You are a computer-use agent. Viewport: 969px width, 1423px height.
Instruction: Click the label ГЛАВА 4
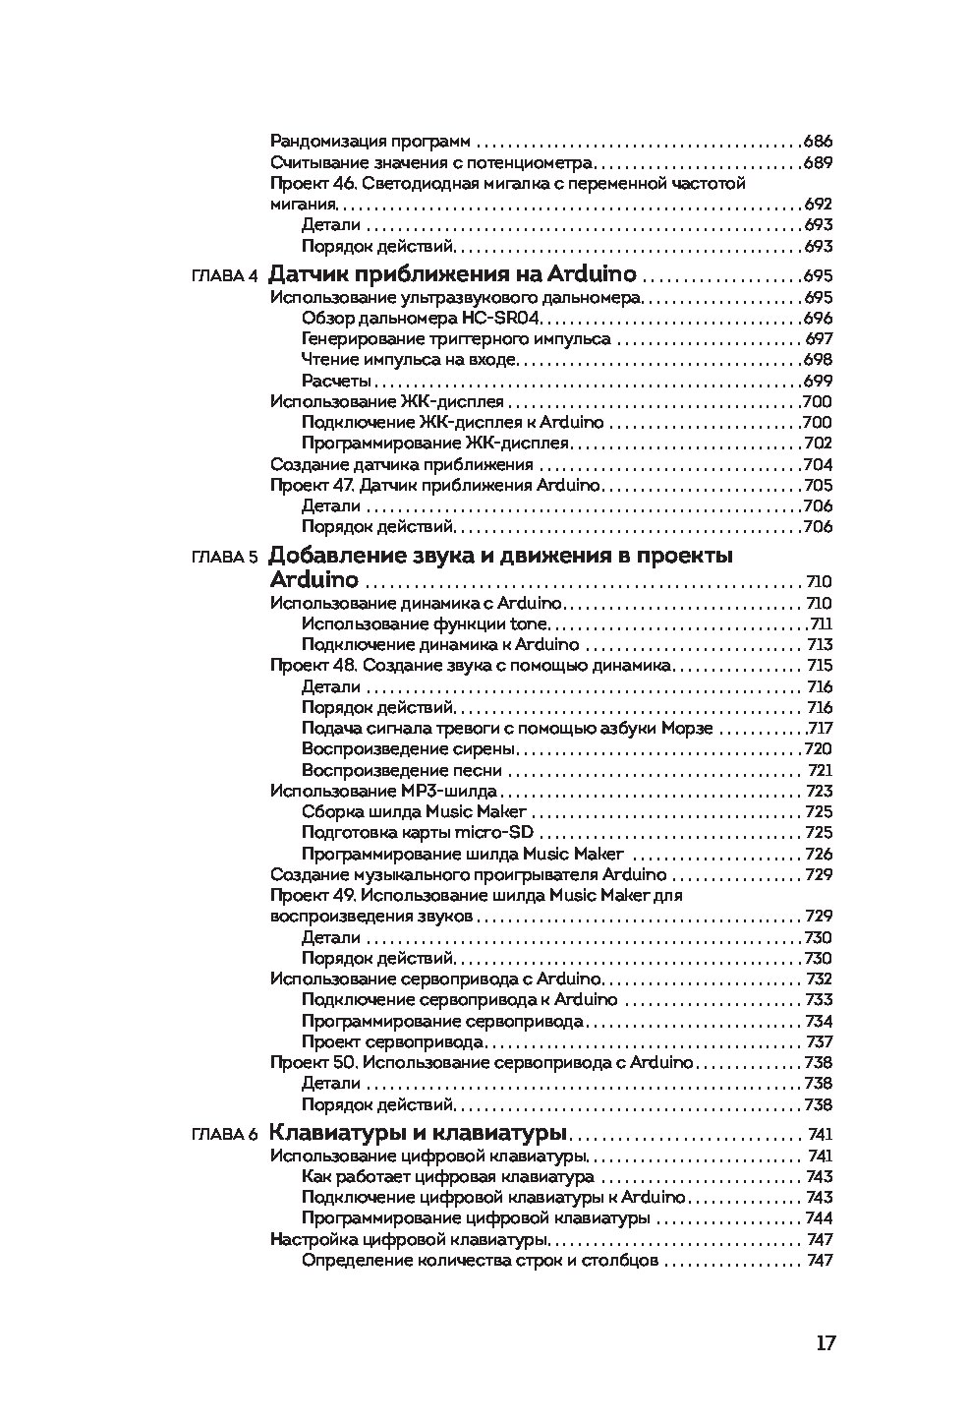coord(224,275)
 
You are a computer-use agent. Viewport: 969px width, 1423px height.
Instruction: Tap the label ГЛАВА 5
coord(224,557)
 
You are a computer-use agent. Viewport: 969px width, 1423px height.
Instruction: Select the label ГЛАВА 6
coord(224,1134)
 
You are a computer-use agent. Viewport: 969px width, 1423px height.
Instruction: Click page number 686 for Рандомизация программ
coord(818,142)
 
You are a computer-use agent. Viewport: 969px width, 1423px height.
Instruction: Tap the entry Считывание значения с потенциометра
coord(431,162)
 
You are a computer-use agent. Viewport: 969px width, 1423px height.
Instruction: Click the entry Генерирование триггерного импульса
coord(456,339)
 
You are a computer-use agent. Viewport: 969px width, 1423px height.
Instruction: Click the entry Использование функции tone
coord(425,624)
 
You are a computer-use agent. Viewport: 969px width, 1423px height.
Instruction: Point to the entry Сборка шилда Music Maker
coord(414,812)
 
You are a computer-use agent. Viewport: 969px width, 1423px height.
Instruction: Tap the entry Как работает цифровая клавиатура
coord(447,1177)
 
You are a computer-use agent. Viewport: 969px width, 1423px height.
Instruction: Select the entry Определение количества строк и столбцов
coord(480,1261)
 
